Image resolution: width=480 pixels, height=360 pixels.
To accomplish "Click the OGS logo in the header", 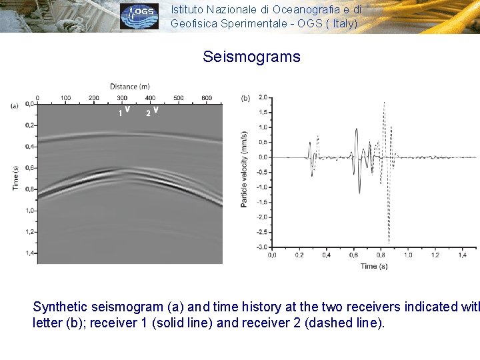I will click(x=139, y=17).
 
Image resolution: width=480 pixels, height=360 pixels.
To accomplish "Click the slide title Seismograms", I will click(x=251, y=57).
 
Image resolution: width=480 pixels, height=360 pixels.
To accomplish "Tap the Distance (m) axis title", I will click(x=130, y=86).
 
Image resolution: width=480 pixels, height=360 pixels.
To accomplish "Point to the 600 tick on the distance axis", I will click(x=206, y=98).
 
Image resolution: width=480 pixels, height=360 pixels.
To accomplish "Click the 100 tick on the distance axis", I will click(x=65, y=98).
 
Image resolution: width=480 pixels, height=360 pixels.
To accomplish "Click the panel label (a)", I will click(x=14, y=105).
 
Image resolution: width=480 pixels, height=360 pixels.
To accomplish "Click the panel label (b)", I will click(x=245, y=98).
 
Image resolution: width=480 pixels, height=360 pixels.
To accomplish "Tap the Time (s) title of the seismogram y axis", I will click(x=16, y=178).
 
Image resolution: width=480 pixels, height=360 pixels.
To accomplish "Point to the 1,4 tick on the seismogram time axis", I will click(x=29, y=253).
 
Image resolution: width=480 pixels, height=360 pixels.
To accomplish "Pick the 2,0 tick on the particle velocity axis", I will click(x=263, y=97).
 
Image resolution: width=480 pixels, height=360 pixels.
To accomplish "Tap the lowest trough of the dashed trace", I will click(x=389, y=243).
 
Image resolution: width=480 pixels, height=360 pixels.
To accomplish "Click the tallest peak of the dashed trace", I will click(x=384, y=103).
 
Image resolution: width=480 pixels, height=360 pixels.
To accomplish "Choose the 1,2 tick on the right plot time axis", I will click(x=435, y=255).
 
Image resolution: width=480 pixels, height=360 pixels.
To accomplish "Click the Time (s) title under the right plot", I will click(x=374, y=266).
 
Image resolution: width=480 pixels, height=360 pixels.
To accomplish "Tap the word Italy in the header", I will click(x=341, y=23).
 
